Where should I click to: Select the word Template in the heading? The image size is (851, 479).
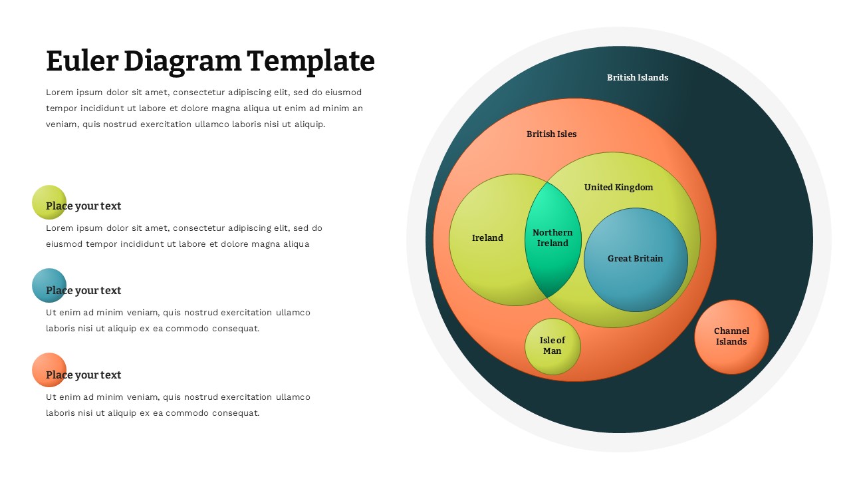(311, 61)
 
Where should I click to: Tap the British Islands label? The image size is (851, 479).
(637, 78)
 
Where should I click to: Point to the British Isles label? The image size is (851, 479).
(551, 134)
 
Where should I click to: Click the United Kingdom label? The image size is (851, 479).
(618, 188)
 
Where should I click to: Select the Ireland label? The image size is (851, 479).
(487, 238)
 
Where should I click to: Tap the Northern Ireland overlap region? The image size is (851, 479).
(552, 238)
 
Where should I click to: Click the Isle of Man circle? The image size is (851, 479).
(552, 346)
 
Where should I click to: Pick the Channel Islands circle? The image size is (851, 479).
(731, 337)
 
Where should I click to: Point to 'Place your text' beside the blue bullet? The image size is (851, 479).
(84, 291)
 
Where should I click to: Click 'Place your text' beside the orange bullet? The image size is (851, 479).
(84, 375)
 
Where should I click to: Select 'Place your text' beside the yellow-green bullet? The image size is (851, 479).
(84, 206)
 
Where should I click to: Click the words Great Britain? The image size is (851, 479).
(636, 259)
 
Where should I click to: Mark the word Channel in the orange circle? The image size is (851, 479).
(731, 331)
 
